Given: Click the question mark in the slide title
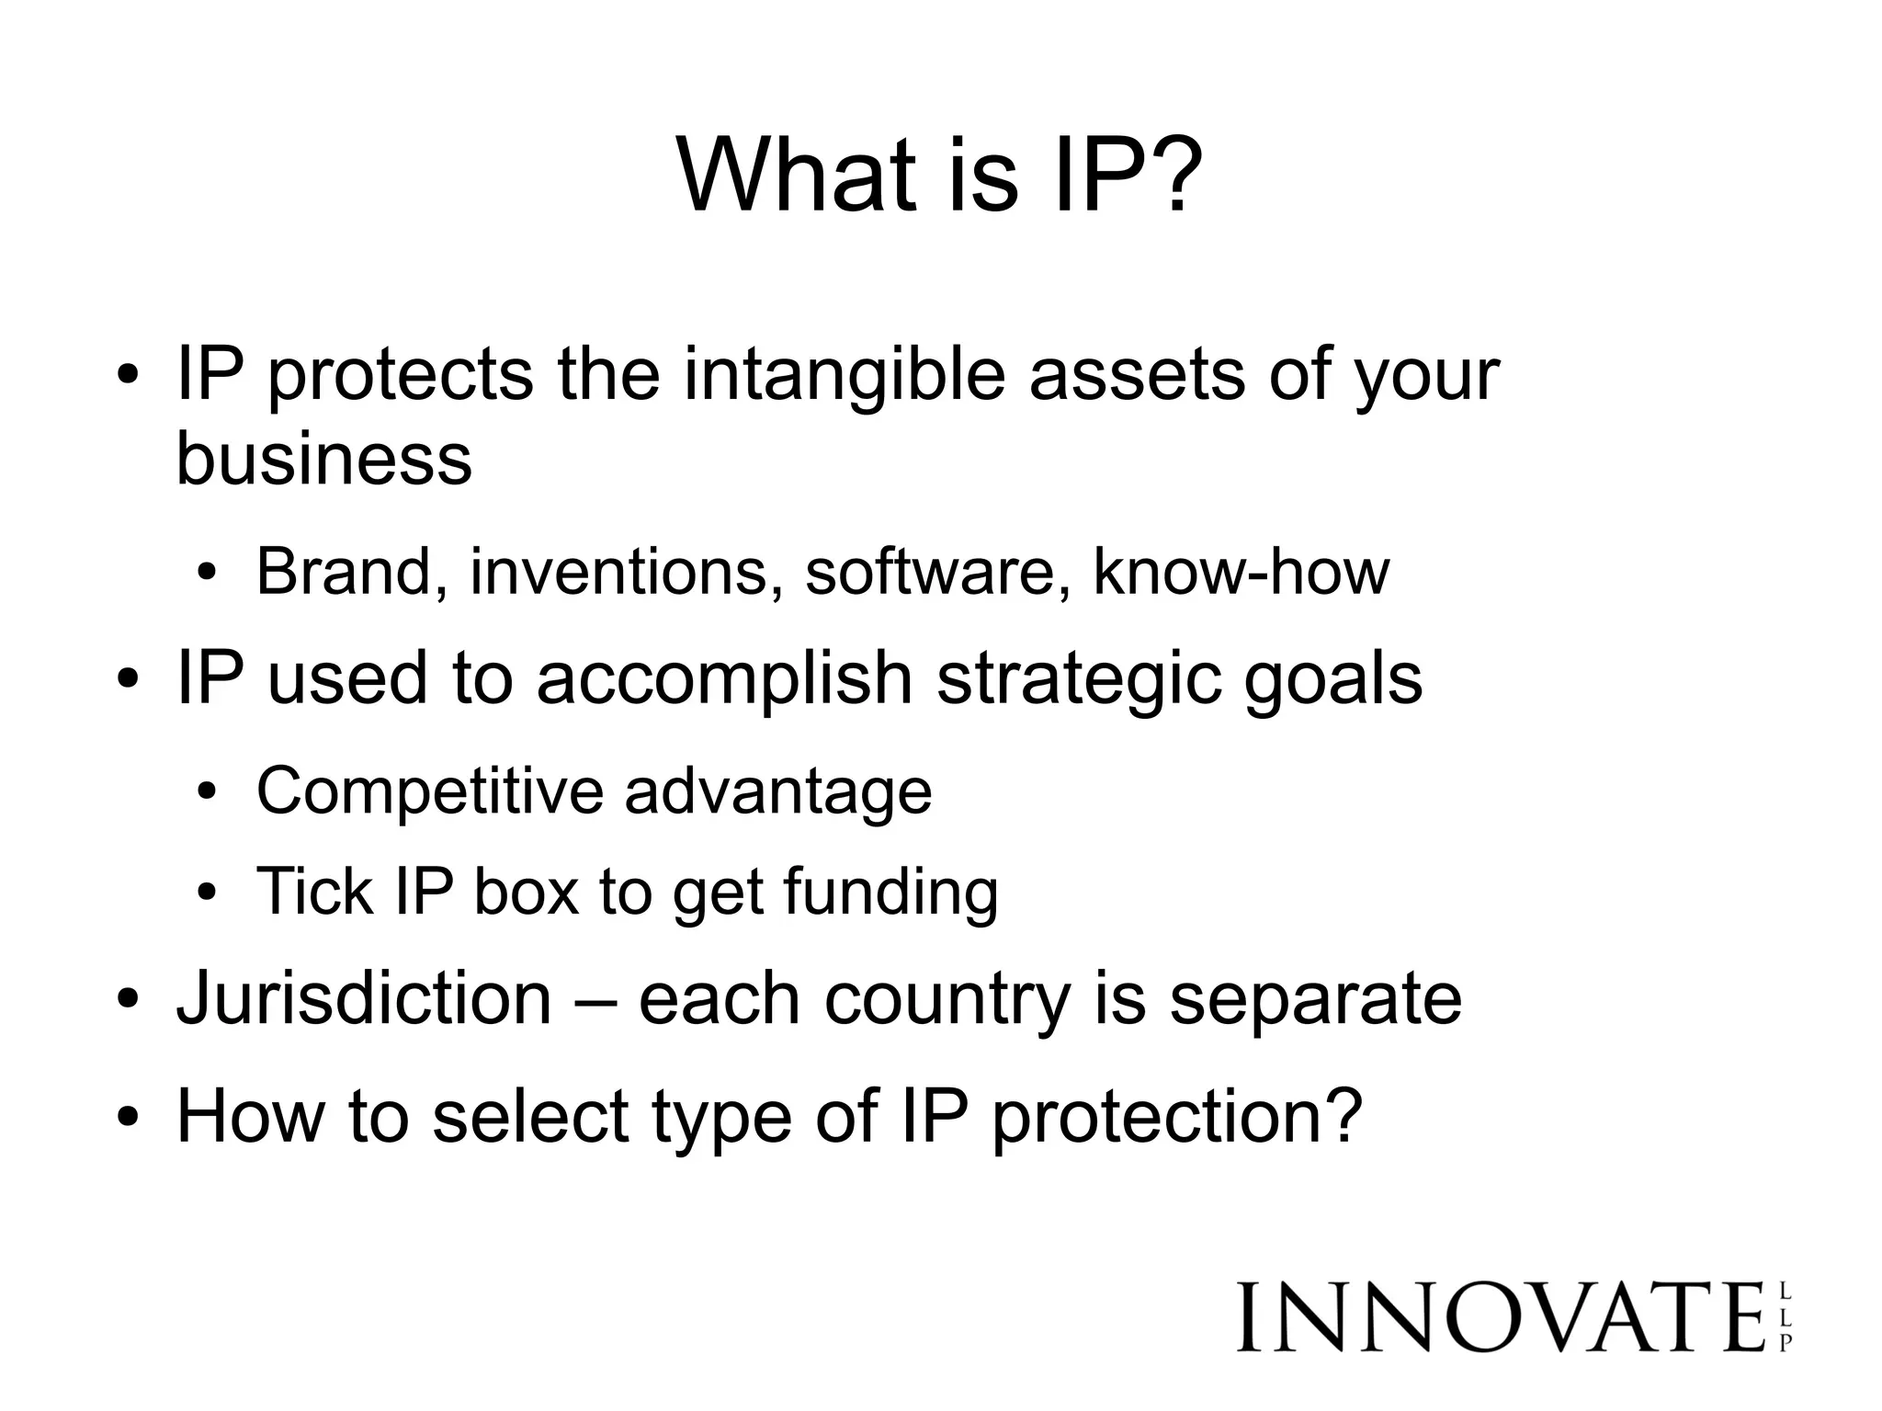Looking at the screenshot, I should point(1170,175).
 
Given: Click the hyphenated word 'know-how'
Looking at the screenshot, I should point(1241,571).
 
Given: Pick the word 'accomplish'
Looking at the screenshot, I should point(724,678).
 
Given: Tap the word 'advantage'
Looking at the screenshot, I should point(777,792).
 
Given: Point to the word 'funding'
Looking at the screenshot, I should point(890,893).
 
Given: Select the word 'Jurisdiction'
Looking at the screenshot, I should point(364,998).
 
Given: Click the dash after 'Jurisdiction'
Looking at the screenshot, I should point(595,1000).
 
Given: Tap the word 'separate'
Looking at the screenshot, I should point(1315,1000).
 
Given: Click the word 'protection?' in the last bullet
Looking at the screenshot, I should point(1176,1117).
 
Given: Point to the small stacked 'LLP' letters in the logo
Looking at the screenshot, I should point(1785,1317).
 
